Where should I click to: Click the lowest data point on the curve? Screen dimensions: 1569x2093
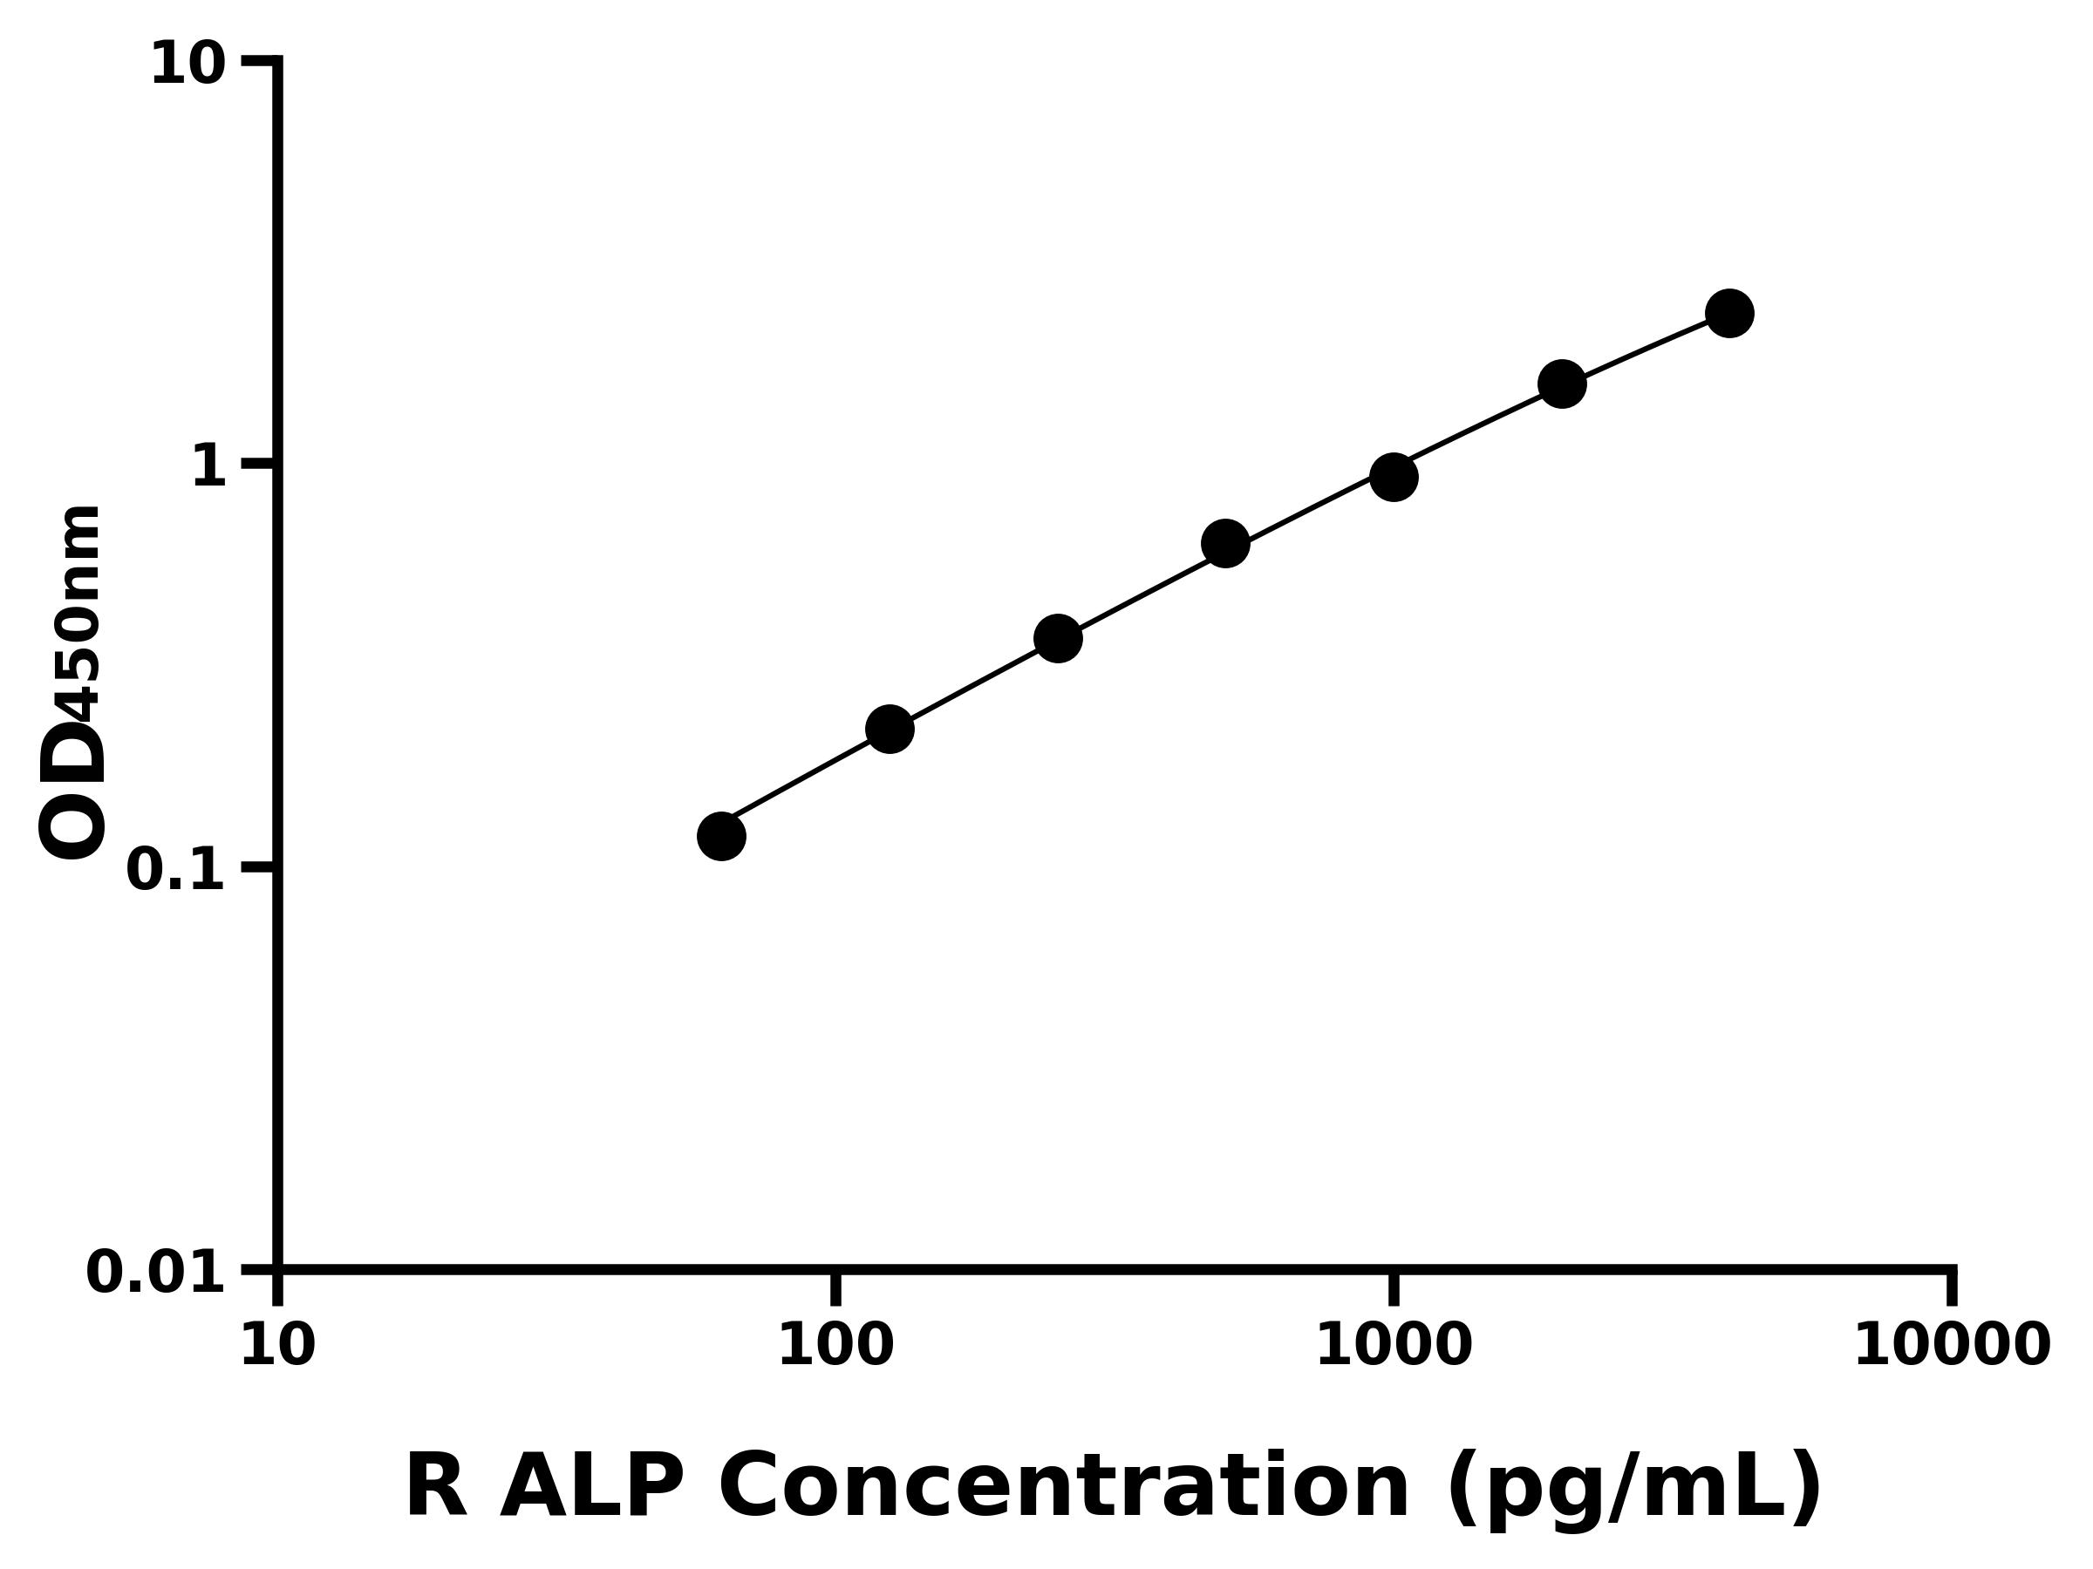721,836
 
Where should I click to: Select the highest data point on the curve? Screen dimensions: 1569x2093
1729,313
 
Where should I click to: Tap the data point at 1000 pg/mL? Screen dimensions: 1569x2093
1394,477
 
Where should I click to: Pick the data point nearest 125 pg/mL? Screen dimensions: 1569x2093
890,730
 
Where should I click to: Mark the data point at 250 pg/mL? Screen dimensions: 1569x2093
1058,639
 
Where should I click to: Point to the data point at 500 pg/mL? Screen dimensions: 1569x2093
1225,544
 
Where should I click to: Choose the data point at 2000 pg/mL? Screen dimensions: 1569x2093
1562,384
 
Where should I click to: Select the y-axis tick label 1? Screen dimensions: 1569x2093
209,467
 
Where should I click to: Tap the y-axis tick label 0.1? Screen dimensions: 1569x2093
176,870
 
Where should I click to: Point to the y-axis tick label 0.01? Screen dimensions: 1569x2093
156,1273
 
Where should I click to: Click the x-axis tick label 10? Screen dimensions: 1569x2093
277,1347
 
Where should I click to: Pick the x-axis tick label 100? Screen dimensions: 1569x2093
835,1347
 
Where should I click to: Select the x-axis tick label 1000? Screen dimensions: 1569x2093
1394,1347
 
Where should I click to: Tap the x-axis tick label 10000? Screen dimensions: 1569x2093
1952,1347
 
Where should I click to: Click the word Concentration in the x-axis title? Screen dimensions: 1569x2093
1065,1488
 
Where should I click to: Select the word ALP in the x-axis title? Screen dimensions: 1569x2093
591,1488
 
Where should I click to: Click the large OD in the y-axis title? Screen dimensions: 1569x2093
72,792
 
